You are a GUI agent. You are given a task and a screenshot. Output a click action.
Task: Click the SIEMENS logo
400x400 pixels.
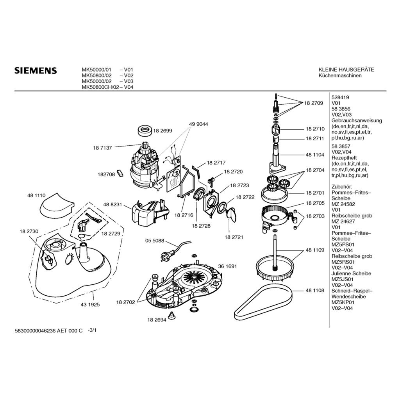[36, 71]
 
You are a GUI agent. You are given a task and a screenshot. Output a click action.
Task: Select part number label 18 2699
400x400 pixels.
[163, 131]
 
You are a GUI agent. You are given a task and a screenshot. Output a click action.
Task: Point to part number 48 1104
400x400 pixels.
[315, 155]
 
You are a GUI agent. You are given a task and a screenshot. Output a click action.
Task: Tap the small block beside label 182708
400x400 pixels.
[120, 173]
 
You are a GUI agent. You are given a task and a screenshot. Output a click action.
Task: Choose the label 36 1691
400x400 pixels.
[227, 266]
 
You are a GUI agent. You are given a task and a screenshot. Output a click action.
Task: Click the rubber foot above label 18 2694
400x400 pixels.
[171, 315]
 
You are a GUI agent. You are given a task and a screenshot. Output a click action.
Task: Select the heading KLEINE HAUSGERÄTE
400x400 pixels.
[346, 70]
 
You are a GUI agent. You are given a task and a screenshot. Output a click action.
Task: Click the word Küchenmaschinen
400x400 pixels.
[340, 75]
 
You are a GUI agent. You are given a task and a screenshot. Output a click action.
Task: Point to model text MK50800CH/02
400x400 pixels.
[100, 87]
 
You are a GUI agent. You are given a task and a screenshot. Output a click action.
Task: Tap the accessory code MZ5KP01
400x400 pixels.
[343, 302]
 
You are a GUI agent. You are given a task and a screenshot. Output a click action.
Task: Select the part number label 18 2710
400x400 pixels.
[315, 129]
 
